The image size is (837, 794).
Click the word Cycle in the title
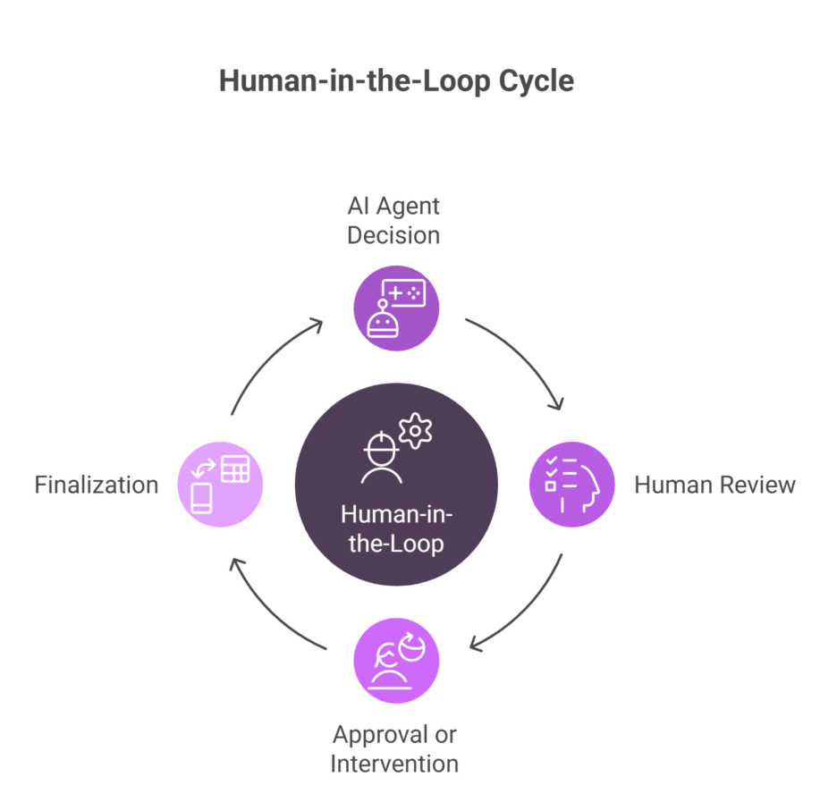pos(537,81)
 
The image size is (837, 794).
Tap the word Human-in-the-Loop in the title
pos(355,80)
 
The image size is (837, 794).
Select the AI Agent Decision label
pos(394,220)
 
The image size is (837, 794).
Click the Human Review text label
pos(714,485)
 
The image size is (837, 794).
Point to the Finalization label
pos(97,485)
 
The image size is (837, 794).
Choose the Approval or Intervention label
pos(394,749)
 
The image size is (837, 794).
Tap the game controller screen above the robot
pos(404,292)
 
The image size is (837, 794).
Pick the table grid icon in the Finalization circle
pos(235,469)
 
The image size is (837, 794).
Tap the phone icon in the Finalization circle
pos(202,498)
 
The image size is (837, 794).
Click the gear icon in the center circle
pos(415,431)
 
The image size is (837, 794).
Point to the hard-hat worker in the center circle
pos(382,457)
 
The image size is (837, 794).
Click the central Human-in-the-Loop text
pos(397,528)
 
